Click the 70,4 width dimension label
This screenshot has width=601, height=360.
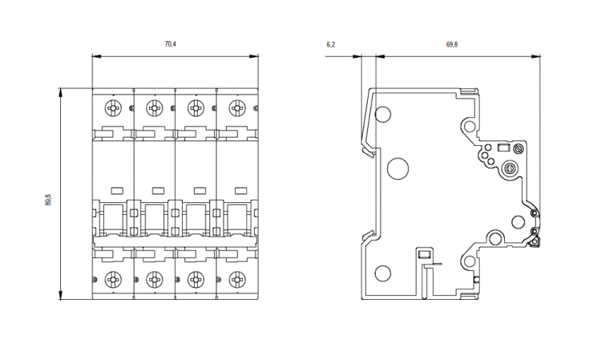tap(170, 45)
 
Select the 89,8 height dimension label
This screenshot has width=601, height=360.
tap(50, 195)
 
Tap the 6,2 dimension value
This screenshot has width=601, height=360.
tap(331, 45)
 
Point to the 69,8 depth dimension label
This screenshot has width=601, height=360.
tap(452, 45)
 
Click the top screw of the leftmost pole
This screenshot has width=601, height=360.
tap(113, 108)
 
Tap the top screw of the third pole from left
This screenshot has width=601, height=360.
tap(195, 108)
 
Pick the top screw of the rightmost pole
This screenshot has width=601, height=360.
tap(236, 108)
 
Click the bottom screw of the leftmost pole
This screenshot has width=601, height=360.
tap(113, 280)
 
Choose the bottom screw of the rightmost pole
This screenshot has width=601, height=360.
tap(236, 280)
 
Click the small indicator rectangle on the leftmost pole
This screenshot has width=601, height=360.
tap(115, 190)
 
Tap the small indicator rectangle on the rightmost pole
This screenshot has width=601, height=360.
tap(238, 190)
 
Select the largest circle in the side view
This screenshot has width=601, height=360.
tap(398, 168)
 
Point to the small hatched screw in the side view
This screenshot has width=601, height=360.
tap(518, 148)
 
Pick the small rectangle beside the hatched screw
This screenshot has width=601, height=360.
tap(503, 148)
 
